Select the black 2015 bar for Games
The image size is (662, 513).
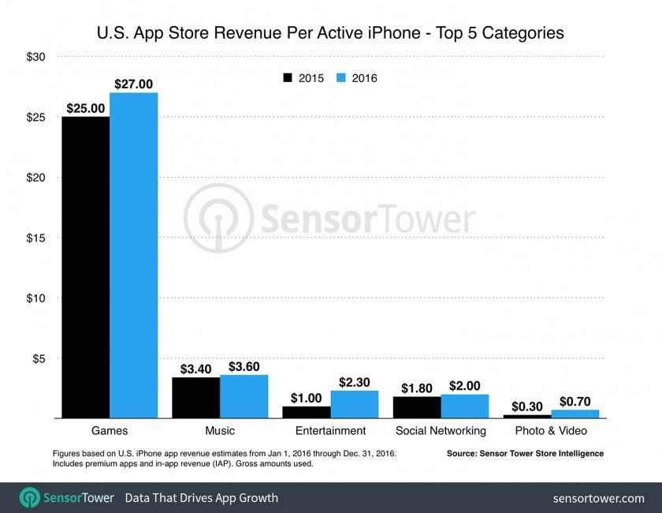tap(86, 268)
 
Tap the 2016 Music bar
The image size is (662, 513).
tap(244, 397)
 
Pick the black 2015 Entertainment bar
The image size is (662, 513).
tap(306, 412)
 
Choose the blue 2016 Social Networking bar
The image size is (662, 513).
tap(465, 406)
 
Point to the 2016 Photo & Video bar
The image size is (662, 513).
tap(575, 414)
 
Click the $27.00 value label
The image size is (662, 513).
tap(134, 83)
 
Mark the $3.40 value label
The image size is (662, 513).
tap(196, 368)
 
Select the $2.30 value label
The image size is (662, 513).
tap(355, 381)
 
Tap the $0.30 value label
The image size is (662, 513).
tap(526, 406)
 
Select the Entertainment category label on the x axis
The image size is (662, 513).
tap(330, 431)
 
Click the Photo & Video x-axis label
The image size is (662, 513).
tap(551, 431)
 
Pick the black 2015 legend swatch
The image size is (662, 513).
tap(288, 78)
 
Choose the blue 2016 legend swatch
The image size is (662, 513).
tap(341, 78)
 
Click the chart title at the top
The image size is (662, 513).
tap(330, 33)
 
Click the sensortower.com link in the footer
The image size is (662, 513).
tap(598, 499)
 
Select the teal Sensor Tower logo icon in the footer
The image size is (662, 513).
tap(29, 498)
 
